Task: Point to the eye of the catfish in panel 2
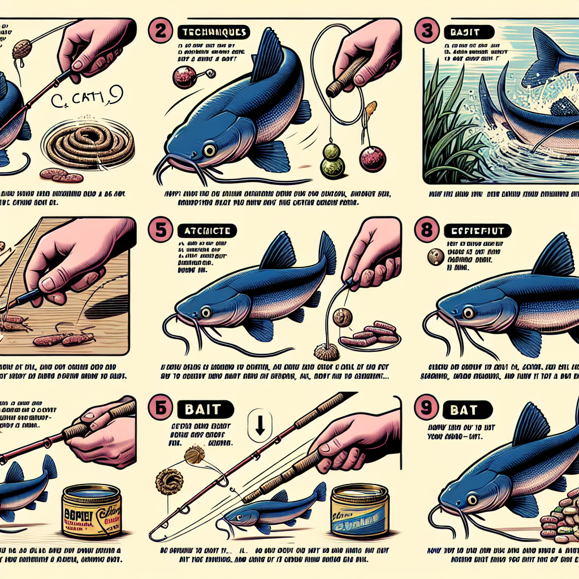209,149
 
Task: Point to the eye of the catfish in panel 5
204,312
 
